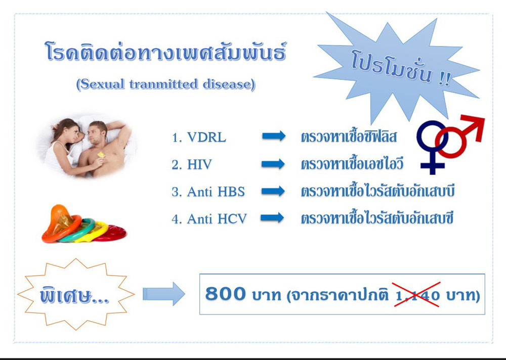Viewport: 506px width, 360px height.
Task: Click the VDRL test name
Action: point(199,138)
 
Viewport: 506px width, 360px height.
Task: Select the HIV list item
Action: point(192,165)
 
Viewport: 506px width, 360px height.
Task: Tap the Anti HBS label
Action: point(208,192)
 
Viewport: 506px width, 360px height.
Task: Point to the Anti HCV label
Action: point(209,219)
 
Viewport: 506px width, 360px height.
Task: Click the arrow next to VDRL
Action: point(274,136)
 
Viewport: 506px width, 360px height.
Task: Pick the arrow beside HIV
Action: point(273,164)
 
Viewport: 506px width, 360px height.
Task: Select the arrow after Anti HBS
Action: point(273,191)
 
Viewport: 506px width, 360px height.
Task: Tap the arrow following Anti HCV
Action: point(272,218)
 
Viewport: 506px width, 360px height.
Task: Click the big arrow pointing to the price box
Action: point(164,294)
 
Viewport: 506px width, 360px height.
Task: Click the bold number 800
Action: point(225,294)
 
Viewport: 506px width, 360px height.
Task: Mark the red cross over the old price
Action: point(416,294)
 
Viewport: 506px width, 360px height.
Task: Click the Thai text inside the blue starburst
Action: point(401,69)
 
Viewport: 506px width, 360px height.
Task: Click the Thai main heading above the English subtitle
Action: point(165,52)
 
